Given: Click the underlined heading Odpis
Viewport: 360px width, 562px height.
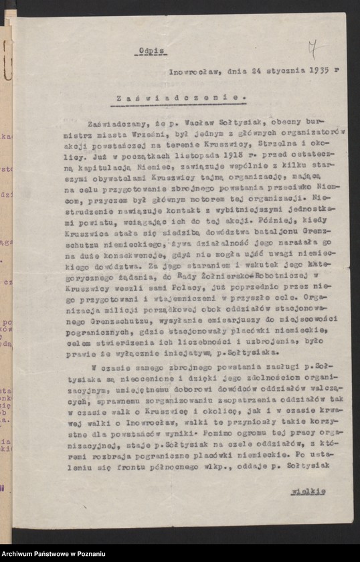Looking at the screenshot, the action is pos(151,50).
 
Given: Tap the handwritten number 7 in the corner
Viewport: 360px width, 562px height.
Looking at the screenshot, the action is pos(312,49).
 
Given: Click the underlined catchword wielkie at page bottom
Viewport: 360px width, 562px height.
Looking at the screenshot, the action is pos(308,491).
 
